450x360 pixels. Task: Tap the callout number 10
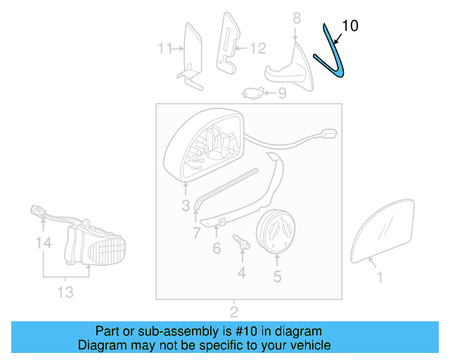coord(349,26)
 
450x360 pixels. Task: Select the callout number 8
coord(296,17)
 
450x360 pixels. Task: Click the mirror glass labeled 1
coord(382,229)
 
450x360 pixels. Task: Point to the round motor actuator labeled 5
coord(276,229)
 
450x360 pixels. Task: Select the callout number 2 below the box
coord(234,311)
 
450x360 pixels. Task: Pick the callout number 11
coord(165,49)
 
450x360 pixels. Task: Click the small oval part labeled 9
coord(253,91)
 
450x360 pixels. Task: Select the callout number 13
coord(65,292)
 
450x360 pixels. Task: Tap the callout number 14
coord(44,244)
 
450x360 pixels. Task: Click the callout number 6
coord(217,247)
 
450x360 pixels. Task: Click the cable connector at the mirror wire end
coord(327,134)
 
